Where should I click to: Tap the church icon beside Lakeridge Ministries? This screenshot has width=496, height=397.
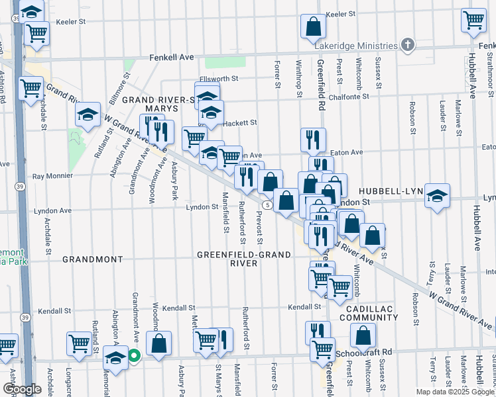point(408,46)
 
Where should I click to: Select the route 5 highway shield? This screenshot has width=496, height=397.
point(265,205)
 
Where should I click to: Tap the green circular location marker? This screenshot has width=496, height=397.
point(133,355)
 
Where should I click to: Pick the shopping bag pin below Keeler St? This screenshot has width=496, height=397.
point(314,26)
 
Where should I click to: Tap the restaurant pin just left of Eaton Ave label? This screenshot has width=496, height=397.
point(312,139)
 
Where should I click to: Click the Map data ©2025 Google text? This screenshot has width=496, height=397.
point(455,392)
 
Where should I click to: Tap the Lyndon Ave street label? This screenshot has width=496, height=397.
point(52,210)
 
